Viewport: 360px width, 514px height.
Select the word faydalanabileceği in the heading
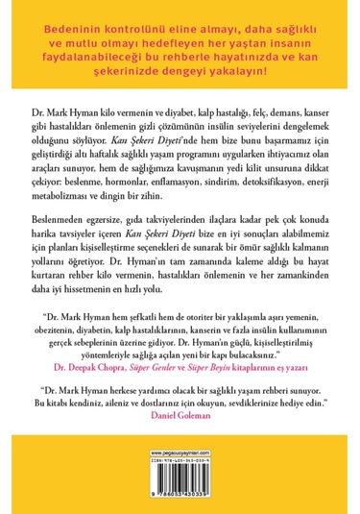point(90,59)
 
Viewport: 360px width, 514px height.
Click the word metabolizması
point(53,198)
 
